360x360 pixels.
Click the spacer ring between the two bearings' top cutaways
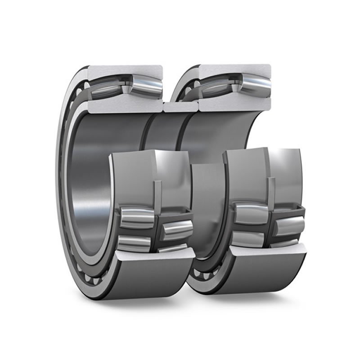(180, 107)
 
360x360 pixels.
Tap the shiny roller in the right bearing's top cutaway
(254, 85)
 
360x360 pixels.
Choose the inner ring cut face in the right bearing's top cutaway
(234, 104)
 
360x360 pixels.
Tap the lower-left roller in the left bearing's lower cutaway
(135, 243)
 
